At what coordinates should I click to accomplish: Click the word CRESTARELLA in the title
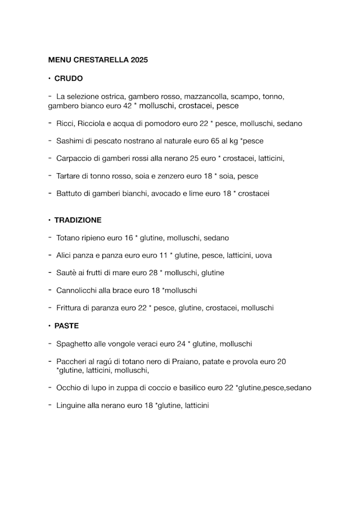(100, 59)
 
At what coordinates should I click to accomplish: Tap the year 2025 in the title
(139, 59)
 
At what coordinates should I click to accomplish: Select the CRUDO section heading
(68, 79)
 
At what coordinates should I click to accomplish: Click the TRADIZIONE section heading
(78, 220)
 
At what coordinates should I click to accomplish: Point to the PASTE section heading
(66, 326)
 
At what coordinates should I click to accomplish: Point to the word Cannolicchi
(76, 290)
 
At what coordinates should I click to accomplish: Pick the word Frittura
(70, 308)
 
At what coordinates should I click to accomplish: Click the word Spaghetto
(75, 344)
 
